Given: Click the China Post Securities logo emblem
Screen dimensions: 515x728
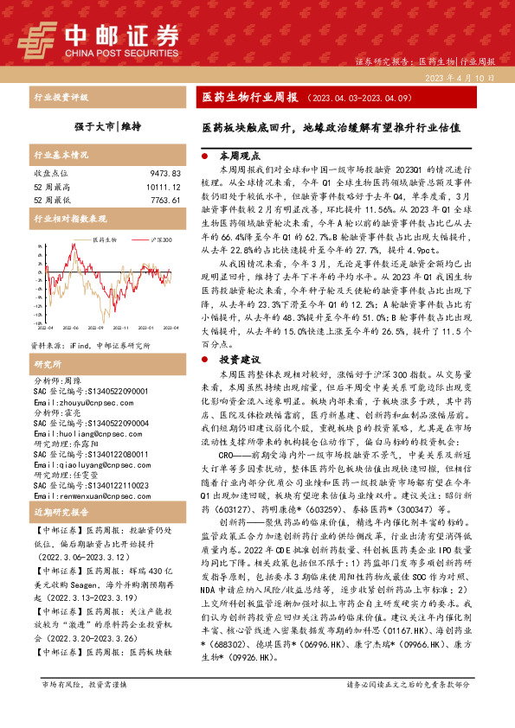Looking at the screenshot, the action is pos(40,39).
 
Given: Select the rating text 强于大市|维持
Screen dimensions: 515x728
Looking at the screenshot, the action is pos(106,125).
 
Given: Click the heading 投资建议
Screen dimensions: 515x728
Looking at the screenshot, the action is pos(240,358).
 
